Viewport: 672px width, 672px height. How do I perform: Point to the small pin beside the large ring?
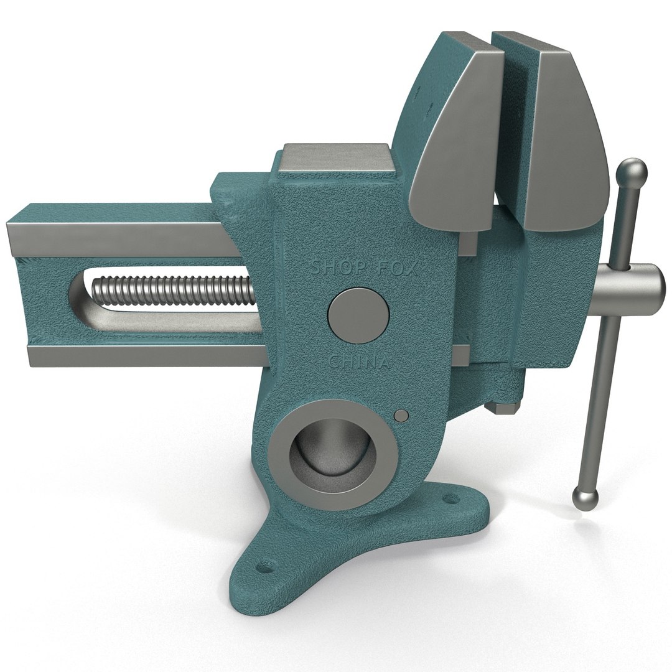pyautogui.click(x=402, y=416)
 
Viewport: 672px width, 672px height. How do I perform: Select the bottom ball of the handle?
pyautogui.click(x=586, y=498)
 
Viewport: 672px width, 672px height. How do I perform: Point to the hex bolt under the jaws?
pyautogui.click(x=501, y=408)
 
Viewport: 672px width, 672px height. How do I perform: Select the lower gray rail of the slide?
pyautogui.click(x=143, y=356)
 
